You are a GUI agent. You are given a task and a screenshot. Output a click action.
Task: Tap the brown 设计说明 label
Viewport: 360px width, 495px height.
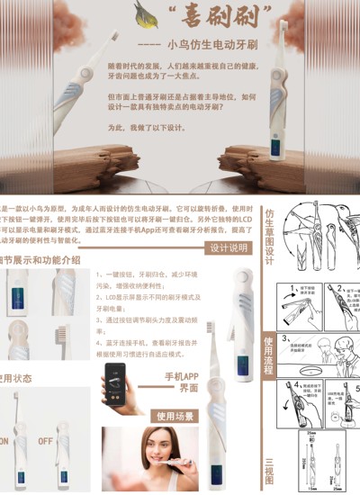click(228, 248)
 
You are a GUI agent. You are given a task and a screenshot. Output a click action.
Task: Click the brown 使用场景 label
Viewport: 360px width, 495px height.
click(176, 416)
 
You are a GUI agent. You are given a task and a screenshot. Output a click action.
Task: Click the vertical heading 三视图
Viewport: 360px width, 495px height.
click(269, 465)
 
